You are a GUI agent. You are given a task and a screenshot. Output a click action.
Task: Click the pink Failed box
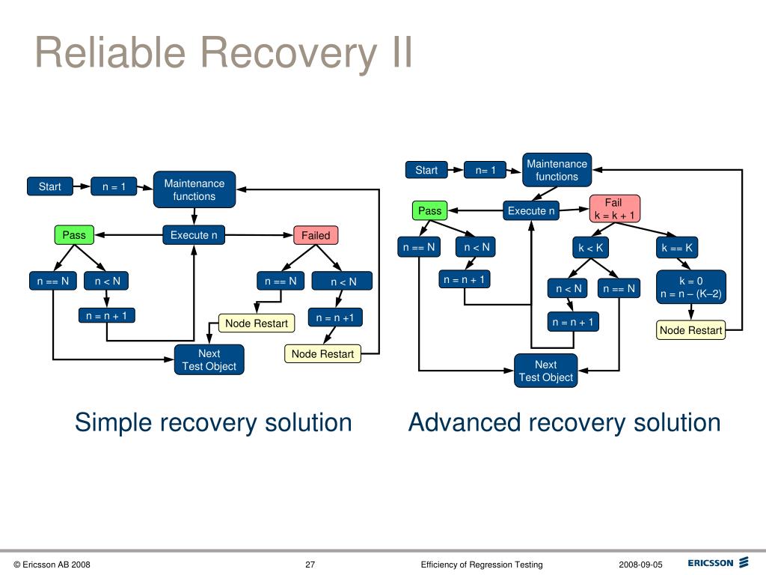315,235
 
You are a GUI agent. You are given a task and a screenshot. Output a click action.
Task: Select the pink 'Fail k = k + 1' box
614,209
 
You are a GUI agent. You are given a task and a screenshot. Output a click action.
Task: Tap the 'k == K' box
677,247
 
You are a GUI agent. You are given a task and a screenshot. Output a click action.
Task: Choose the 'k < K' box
590,247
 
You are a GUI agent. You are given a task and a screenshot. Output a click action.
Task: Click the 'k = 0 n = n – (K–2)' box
690,287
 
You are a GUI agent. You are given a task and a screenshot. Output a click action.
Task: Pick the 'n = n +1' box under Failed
334,317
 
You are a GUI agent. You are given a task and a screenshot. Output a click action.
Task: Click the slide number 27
310,565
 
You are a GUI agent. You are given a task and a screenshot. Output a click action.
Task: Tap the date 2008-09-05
640,565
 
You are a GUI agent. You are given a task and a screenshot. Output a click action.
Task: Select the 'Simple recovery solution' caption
213,422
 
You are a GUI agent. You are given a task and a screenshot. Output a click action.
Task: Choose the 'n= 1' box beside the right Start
485,170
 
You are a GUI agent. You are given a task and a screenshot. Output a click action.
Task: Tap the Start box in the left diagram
49,186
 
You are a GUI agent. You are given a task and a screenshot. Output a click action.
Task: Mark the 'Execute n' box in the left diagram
193,235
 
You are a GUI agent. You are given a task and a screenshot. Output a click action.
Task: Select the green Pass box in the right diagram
429,211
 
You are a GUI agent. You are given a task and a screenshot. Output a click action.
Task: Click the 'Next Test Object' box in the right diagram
545,371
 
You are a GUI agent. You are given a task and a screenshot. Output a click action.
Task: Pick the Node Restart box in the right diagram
690,330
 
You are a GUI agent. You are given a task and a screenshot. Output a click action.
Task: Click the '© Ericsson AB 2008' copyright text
52,565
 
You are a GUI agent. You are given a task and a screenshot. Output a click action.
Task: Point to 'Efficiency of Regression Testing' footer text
482,565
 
